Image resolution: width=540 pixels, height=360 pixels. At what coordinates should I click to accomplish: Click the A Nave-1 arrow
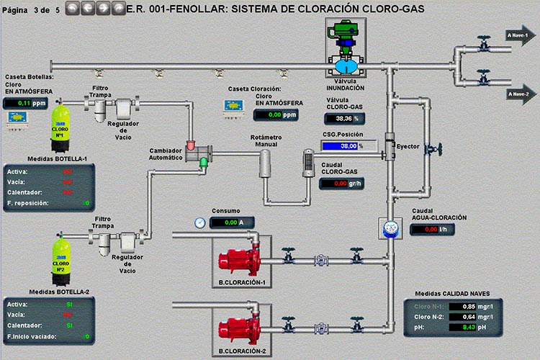pyautogui.click(x=518, y=35)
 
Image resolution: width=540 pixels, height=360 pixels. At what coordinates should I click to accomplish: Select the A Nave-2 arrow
pyautogui.click(x=518, y=94)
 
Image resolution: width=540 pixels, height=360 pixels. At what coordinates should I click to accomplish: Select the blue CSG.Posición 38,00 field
pyautogui.click(x=339, y=145)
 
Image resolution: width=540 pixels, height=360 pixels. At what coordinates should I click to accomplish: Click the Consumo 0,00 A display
pyautogui.click(x=231, y=222)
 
